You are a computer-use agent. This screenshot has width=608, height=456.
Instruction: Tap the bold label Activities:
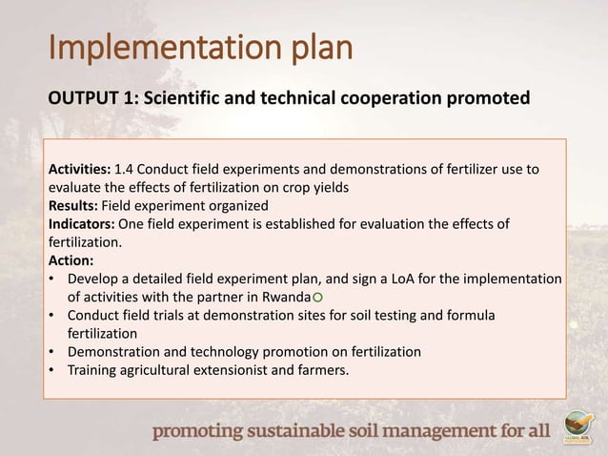pos(79,170)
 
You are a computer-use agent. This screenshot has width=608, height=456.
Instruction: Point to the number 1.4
pos(125,170)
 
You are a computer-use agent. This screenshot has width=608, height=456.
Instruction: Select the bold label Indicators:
pos(80,224)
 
